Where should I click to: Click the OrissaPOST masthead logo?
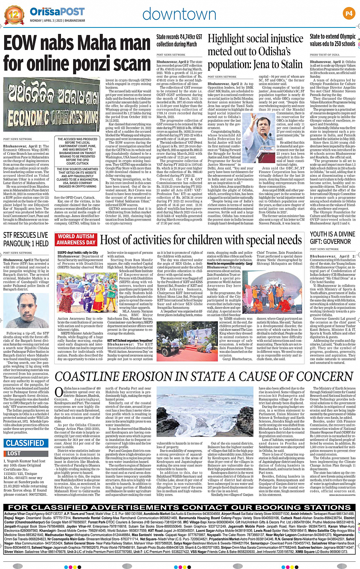tap(57, 11)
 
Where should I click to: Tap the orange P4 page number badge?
tap(349, 14)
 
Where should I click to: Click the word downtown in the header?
tap(179, 14)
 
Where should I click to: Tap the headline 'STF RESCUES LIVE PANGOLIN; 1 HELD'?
tap(26, 239)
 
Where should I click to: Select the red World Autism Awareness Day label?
tap(76, 239)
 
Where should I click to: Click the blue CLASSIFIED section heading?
tap(25, 443)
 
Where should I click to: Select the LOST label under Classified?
tap(14, 453)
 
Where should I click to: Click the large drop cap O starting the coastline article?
tap(59, 392)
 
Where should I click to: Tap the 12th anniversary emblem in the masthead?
tap(14, 14)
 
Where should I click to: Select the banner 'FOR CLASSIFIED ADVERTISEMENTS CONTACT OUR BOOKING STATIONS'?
tap(180, 507)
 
